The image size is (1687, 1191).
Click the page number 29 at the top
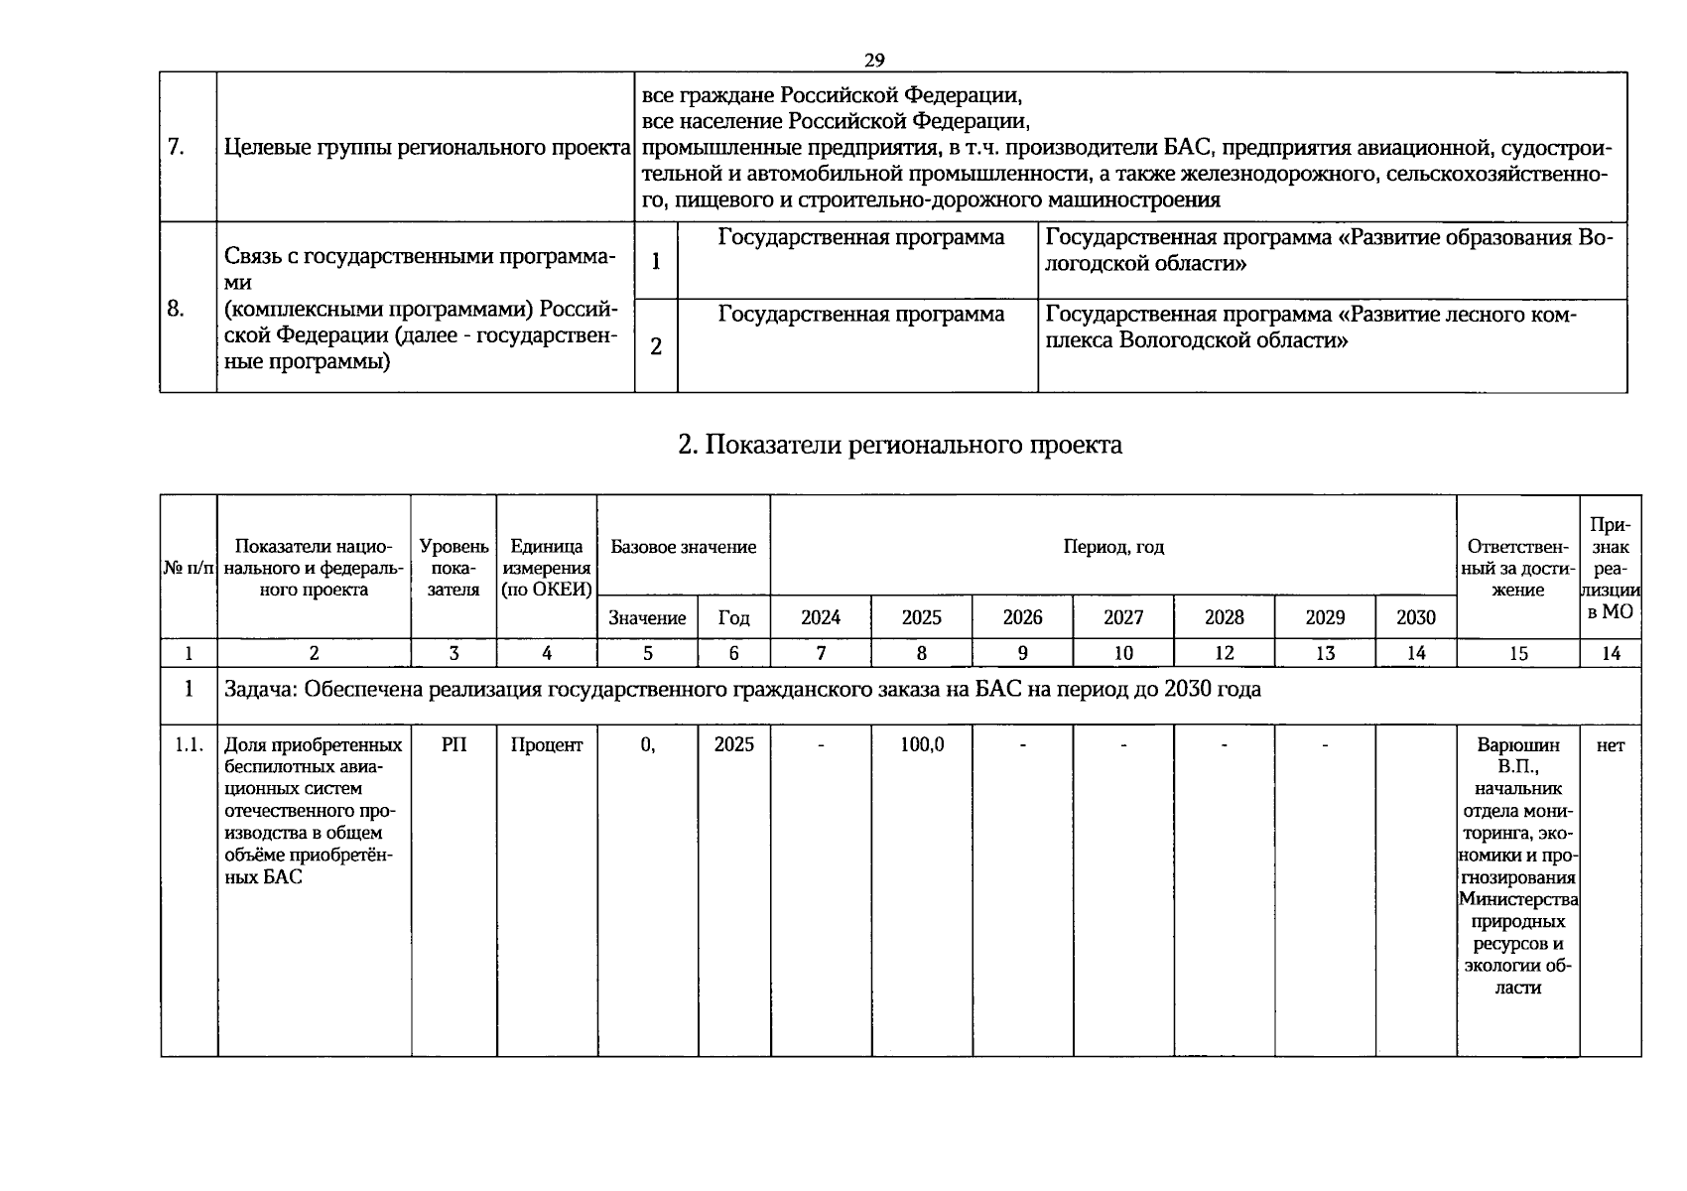[873, 61]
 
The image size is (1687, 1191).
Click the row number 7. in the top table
[176, 148]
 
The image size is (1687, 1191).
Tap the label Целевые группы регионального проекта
[428, 148]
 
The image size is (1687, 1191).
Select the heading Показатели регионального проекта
[900, 445]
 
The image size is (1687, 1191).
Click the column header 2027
[1123, 617]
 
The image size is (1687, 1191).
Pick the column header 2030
[1415, 617]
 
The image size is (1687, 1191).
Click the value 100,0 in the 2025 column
[922, 744]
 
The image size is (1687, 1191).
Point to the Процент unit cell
[547, 744]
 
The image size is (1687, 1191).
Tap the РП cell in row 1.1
[454, 744]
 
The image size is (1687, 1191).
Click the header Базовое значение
[683, 547]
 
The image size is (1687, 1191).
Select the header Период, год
[1113, 547]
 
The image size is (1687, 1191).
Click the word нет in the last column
[1610, 745]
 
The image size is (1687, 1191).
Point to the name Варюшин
[1518, 745]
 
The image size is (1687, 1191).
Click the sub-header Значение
[647, 618]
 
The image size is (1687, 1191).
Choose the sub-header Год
[733, 618]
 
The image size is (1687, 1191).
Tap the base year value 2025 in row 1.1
[733, 744]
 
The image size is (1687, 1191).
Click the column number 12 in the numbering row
[1224, 653]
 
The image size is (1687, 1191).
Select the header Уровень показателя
[454, 568]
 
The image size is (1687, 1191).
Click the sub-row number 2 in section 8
[656, 346]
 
